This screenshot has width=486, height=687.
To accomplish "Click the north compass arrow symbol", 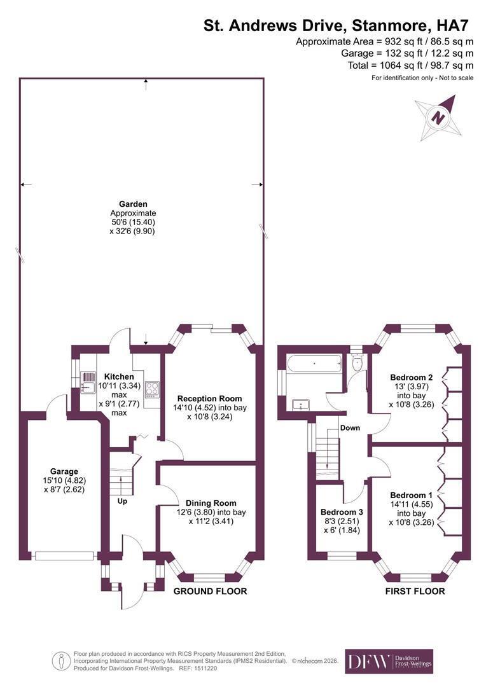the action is (x=438, y=118).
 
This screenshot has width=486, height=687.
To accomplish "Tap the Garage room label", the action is (x=64, y=471).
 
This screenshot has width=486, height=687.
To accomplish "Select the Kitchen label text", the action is (x=119, y=377).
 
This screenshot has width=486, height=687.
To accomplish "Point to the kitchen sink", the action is (x=88, y=382).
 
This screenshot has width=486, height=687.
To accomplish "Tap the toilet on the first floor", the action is (x=357, y=363).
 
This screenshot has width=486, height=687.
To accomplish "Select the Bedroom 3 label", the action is (x=342, y=512).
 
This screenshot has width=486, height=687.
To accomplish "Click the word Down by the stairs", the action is (x=350, y=428).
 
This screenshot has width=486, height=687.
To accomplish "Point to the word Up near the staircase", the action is (x=122, y=501).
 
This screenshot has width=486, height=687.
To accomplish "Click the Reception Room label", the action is (x=209, y=399).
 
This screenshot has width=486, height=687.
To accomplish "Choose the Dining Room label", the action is (x=211, y=503).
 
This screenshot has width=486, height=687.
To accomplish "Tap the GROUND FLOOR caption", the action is (x=211, y=591).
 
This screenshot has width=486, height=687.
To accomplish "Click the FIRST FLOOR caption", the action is (x=415, y=591).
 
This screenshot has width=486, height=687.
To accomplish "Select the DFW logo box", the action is (x=389, y=661).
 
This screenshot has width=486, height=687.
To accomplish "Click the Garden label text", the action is (x=133, y=204).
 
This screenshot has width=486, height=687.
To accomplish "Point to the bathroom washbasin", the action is (x=301, y=405).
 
